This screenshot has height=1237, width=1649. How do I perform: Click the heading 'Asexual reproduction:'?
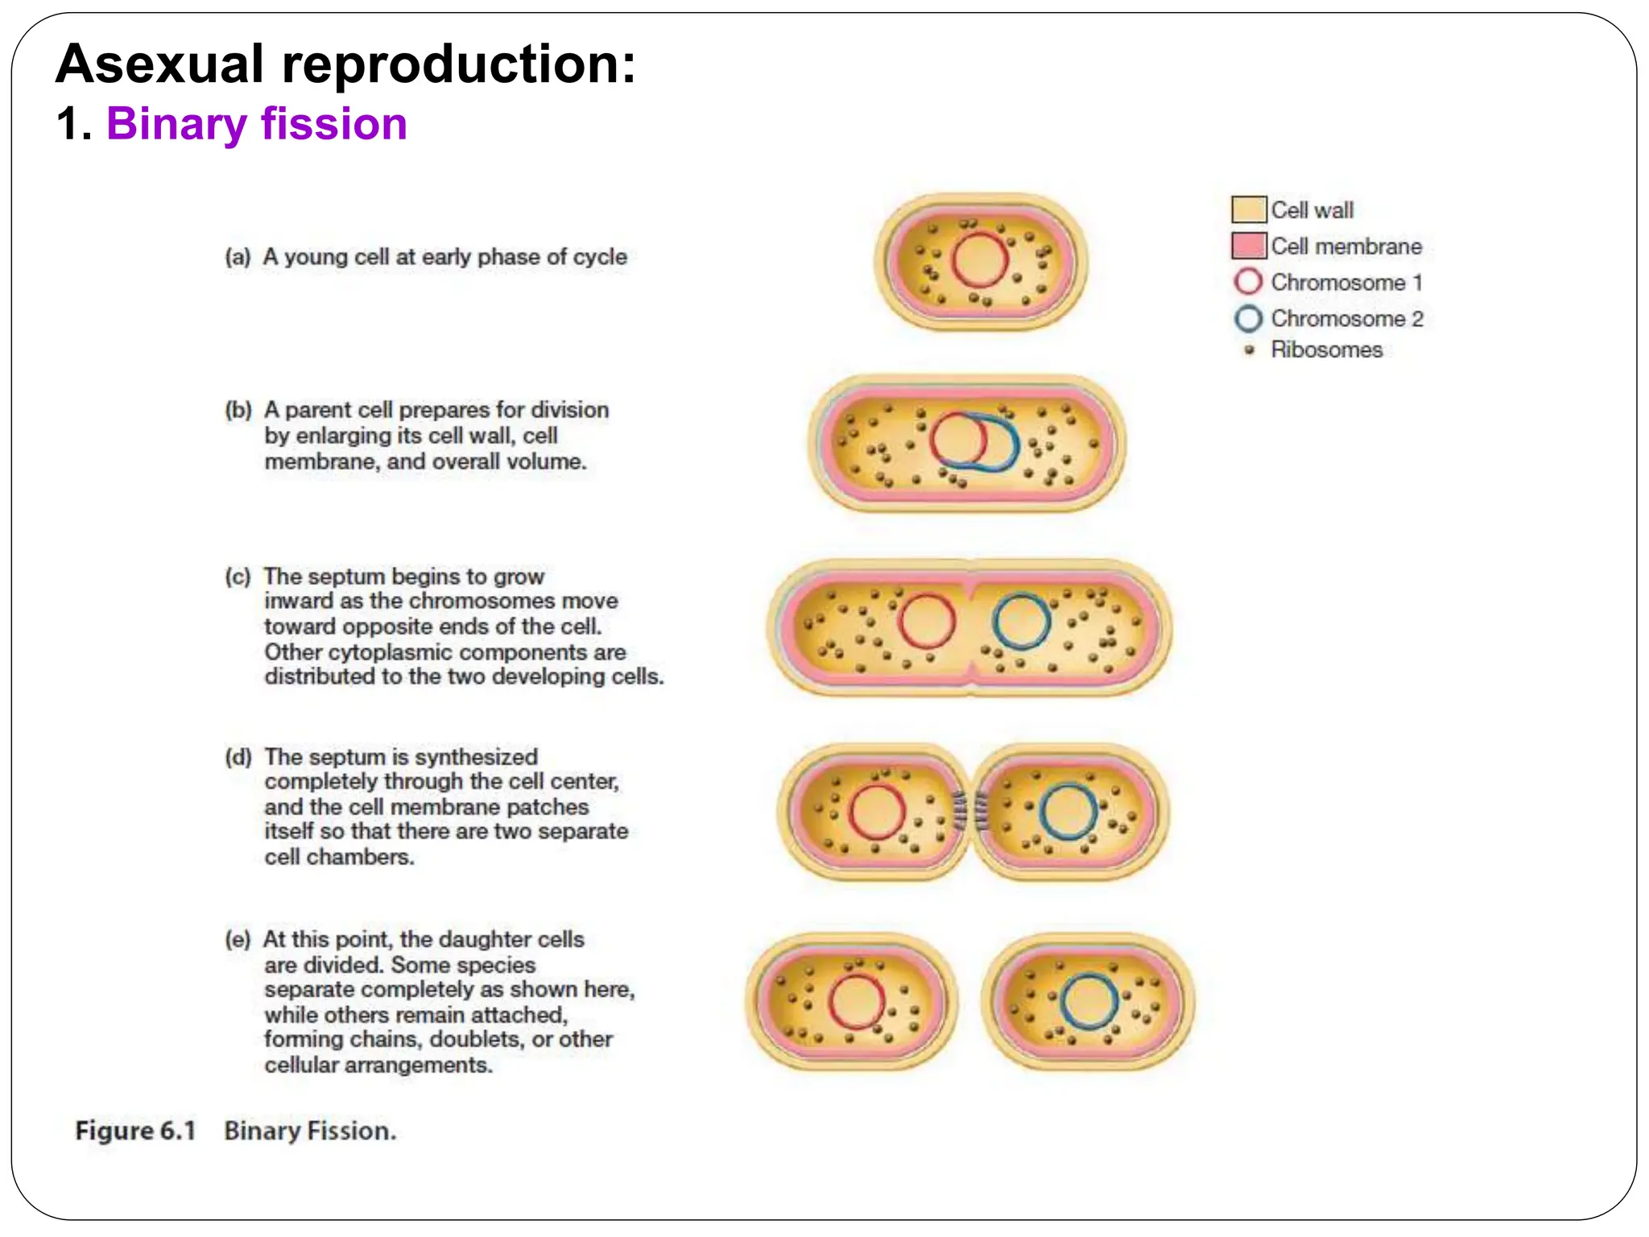(346, 64)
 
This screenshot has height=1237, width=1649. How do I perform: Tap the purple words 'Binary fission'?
(256, 125)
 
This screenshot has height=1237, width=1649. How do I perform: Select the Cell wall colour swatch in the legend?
(1248, 209)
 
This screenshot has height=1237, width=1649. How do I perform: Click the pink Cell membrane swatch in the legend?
(1248, 246)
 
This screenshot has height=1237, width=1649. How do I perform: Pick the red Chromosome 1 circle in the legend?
(1248, 282)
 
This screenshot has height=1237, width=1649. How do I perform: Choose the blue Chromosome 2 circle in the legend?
(1248, 319)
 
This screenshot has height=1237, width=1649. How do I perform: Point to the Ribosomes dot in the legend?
(1250, 350)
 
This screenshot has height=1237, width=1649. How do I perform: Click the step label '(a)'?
(238, 258)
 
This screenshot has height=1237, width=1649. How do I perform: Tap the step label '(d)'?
(238, 758)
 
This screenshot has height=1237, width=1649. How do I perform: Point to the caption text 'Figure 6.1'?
(135, 1131)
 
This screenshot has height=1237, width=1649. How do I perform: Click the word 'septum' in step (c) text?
(348, 577)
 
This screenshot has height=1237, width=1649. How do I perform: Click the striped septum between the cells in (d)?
(970, 811)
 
